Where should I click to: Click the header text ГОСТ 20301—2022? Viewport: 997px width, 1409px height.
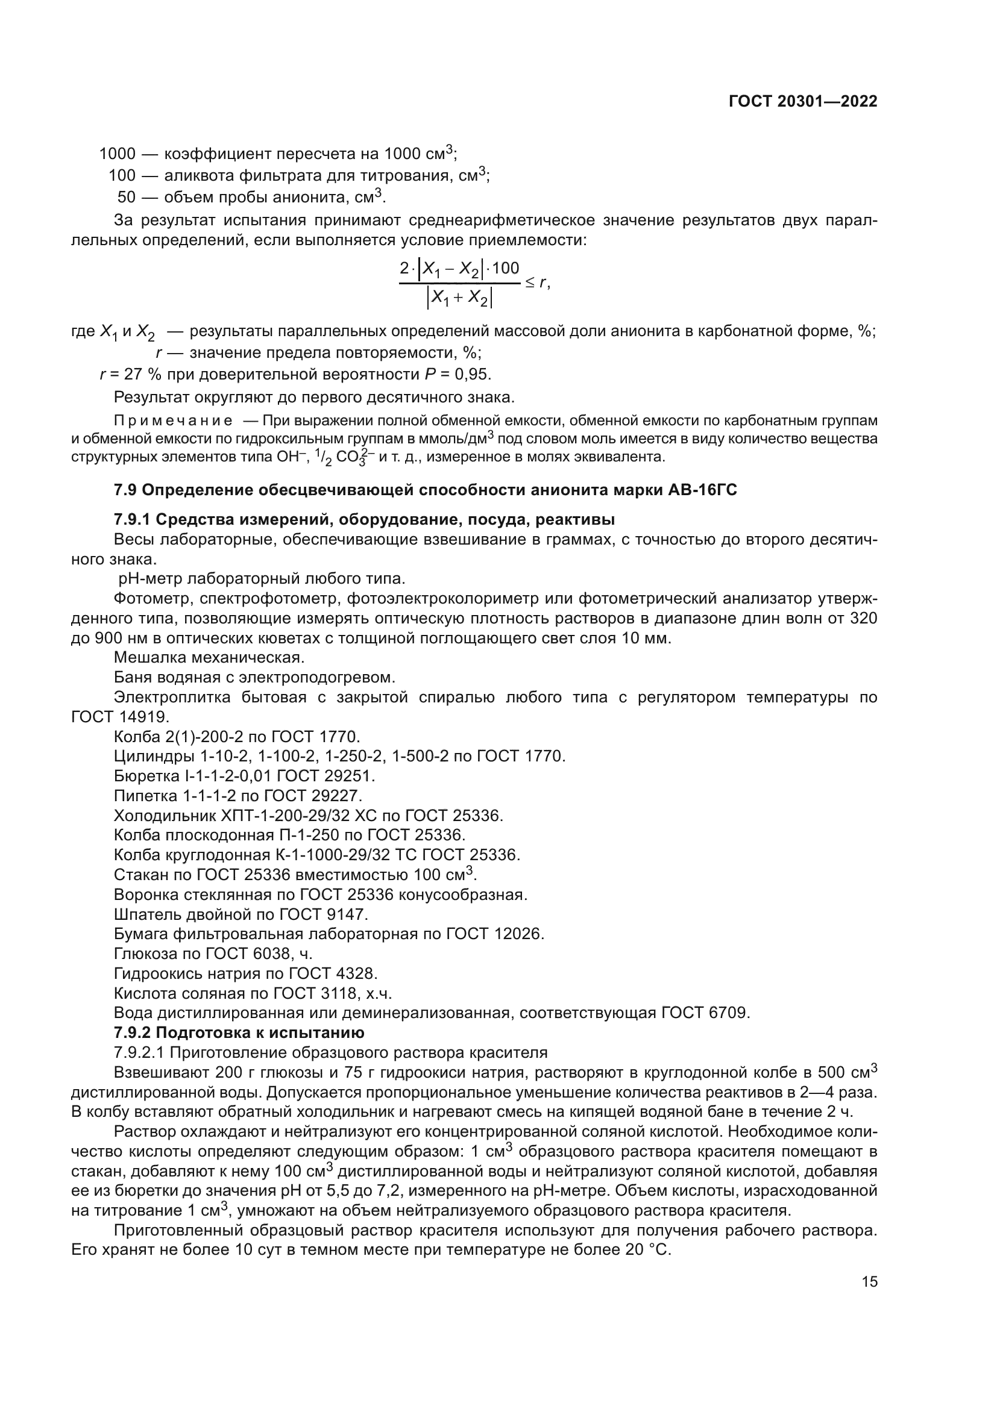coord(802,102)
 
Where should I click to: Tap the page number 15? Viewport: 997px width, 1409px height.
coord(869,1281)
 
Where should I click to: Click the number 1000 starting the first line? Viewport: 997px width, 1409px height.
coord(118,154)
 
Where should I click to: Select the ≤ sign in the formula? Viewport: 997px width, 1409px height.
coord(529,283)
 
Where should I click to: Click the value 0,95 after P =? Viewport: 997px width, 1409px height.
coord(473,374)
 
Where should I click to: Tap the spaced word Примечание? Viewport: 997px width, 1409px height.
coord(173,421)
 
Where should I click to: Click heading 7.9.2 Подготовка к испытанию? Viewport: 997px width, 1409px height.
coord(239,1033)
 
